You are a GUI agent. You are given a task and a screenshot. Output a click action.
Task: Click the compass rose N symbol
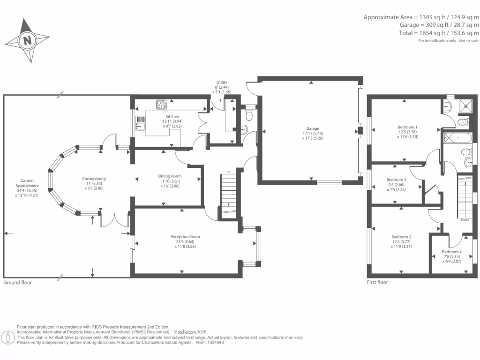point(28,40)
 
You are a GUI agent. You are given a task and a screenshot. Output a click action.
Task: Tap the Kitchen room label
point(172,116)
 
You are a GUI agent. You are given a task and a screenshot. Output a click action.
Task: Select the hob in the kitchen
point(162,105)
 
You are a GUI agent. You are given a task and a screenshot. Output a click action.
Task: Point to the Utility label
point(222,82)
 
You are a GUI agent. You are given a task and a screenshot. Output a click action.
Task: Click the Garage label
point(313,128)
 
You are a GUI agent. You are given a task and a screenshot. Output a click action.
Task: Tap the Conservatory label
point(94,179)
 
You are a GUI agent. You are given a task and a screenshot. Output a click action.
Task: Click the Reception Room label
point(185,237)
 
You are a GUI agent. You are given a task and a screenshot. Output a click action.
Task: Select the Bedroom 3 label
point(396,180)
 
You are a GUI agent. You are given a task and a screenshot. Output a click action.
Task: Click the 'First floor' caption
point(377,283)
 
